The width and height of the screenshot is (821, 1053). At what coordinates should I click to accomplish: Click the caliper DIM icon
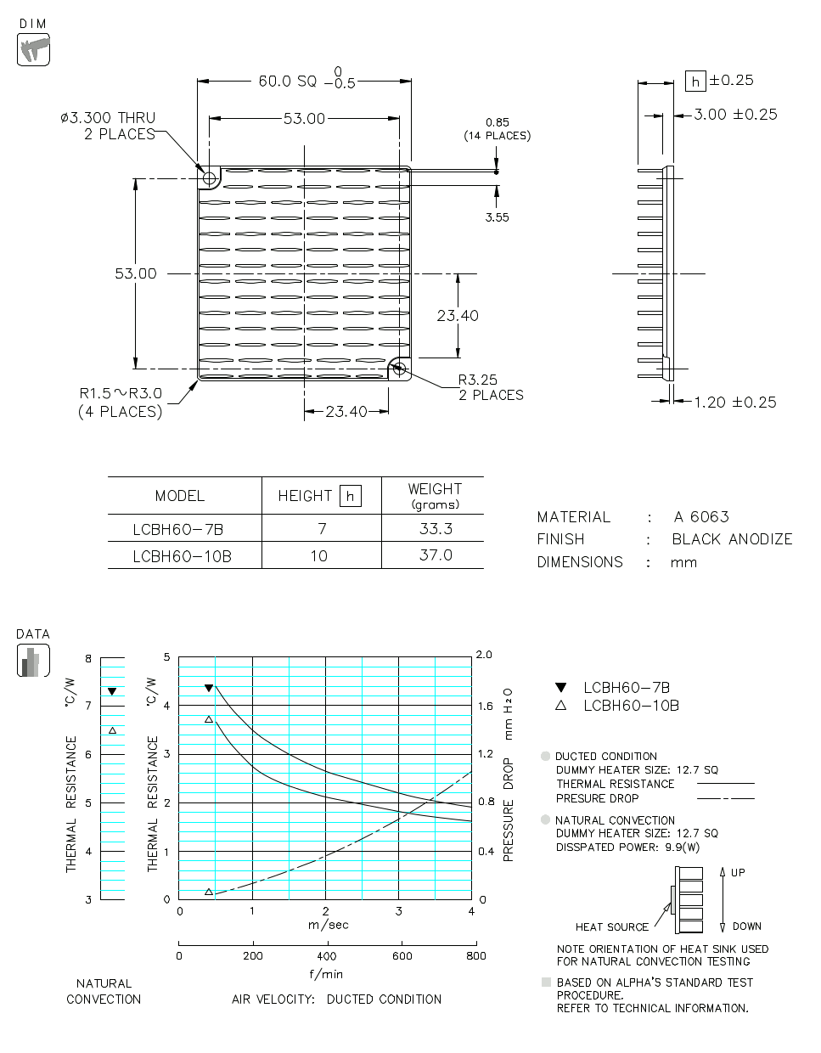[x=33, y=49]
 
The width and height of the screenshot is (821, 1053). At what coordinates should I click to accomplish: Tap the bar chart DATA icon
[x=33, y=660]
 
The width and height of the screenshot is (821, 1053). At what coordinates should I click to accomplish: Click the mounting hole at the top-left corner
[x=209, y=178]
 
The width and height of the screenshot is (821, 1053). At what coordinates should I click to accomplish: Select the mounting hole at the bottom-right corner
[x=399, y=369]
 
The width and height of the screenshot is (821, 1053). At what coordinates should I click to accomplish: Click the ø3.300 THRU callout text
[x=108, y=118]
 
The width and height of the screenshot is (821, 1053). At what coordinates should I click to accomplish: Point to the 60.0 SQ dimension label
[x=287, y=82]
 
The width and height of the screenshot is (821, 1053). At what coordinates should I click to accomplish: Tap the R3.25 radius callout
[x=478, y=380]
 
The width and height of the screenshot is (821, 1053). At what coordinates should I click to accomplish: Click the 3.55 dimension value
[x=497, y=217]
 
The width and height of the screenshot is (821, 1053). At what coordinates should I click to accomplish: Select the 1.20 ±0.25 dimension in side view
[x=734, y=403]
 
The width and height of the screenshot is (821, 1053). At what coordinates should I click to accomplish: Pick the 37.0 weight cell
[x=436, y=555]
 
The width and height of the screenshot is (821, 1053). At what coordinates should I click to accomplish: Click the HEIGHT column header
[x=306, y=496]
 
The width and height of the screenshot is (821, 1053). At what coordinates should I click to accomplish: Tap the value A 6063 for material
[x=701, y=517]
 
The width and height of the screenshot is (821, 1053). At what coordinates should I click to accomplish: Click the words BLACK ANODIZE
[x=732, y=539]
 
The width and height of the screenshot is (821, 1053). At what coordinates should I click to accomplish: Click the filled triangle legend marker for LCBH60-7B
[x=560, y=688]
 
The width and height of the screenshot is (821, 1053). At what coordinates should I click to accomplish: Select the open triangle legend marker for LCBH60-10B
[x=560, y=706]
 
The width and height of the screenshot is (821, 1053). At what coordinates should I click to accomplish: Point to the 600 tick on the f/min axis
[x=402, y=955]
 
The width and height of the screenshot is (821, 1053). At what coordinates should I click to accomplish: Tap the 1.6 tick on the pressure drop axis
[x=485, y=706]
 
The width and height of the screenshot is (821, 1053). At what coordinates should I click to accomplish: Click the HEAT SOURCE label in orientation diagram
[x=611, y=927]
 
